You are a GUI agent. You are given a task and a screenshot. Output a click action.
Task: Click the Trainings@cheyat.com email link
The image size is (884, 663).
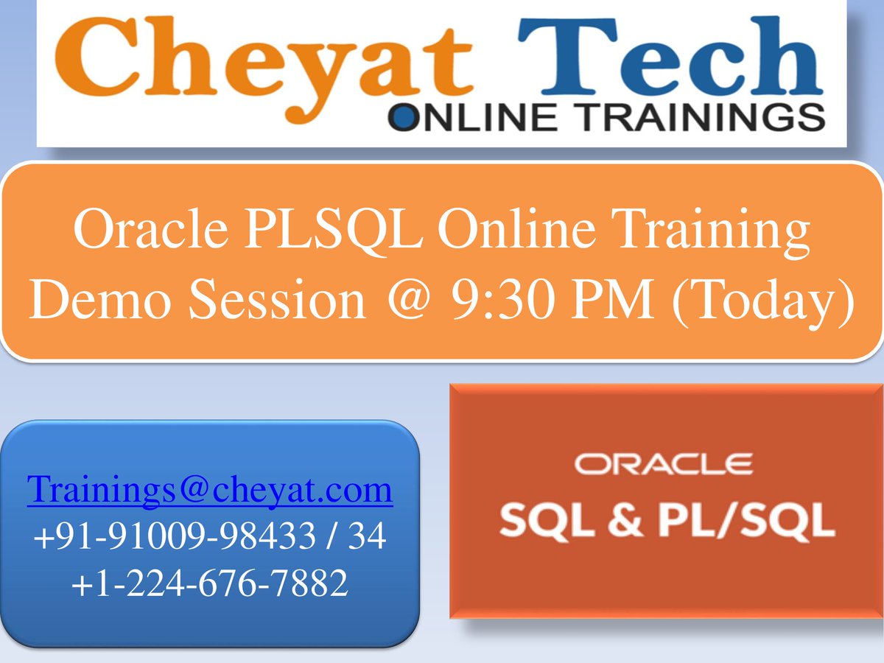[x=210, y=489]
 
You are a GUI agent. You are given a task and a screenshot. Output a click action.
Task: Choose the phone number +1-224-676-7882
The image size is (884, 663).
[x=210, y=583]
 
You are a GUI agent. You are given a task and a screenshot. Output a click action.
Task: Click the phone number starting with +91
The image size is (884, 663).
[x=210, y=537]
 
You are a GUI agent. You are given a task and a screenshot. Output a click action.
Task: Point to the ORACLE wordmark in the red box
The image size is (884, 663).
[x=663, y=464]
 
